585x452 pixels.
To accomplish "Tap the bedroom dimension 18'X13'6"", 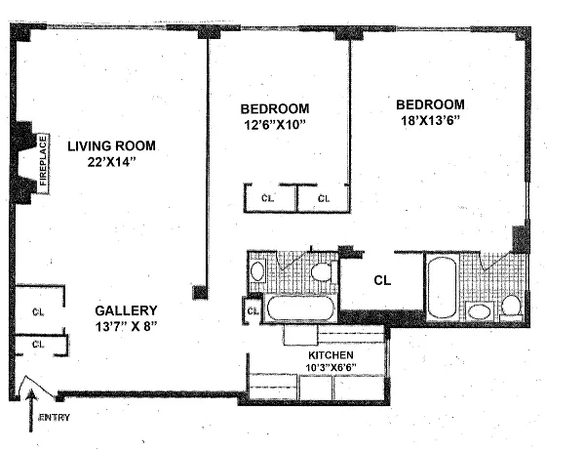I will (429, 120).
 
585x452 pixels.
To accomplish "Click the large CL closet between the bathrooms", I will (382, 279).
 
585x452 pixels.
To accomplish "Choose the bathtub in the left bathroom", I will (298, 310).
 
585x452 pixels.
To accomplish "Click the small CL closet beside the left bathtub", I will (252, 312).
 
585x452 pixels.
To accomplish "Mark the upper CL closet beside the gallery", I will (38, 312).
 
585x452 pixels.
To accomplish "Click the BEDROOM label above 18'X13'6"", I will (429, 103).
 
